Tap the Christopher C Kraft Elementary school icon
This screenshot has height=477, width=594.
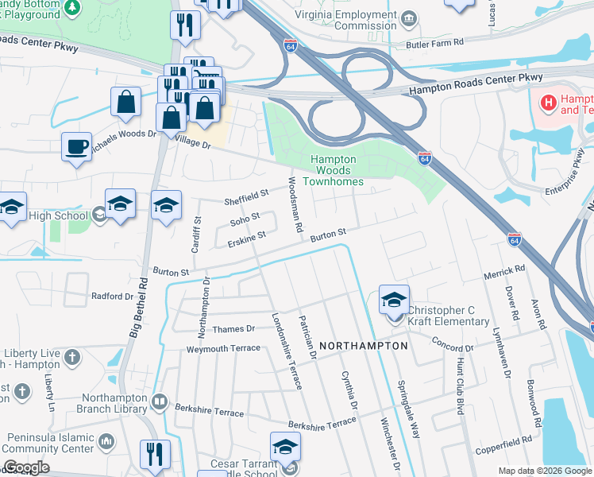[394, 300]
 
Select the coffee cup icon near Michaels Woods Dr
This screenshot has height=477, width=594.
[76, 147]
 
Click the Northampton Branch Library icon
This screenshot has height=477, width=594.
[160, 401]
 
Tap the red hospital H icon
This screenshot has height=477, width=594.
[547, 103]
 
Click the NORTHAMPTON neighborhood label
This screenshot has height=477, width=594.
[364, 347]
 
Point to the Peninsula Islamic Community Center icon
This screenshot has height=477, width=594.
[106, 439]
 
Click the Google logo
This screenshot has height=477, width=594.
[26, 468]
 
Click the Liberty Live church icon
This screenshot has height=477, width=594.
[72, 355]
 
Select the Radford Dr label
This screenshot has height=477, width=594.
[112, 297]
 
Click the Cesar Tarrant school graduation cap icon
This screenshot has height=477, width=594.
[286, 447]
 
